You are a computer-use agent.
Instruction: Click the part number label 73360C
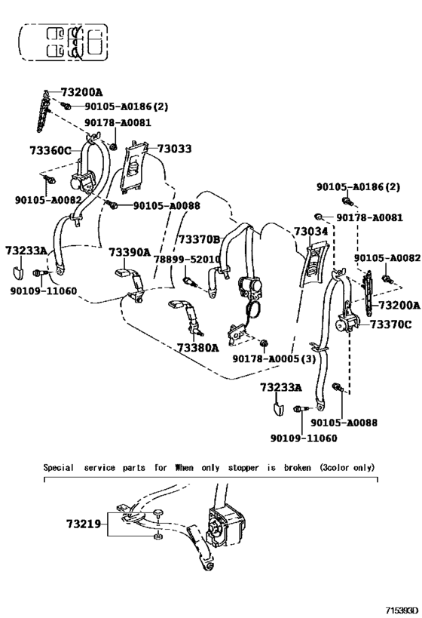point(50,151)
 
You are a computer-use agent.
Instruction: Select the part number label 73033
point(174,149)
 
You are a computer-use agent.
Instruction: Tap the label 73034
point(311,232)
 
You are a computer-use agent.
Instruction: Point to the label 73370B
point(199,239)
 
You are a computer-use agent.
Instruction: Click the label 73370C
point(391,324)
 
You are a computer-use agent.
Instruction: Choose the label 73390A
point(130,252)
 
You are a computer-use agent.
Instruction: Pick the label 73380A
point(197,348)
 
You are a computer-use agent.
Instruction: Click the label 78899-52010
point(187,259)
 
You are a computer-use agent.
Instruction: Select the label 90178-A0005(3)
point(274,358)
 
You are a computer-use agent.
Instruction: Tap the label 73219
point(84,524)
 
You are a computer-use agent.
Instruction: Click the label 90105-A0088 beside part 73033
point(167,206)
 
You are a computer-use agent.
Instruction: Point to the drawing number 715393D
point(401,610)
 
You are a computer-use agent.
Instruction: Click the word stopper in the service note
point(243,468)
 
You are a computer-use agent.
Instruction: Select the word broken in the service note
point(297,468)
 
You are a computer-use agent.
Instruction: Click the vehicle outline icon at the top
point(63,42)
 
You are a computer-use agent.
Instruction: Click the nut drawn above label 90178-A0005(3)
point(265,343)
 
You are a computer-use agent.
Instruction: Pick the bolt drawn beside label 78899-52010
point(190,281)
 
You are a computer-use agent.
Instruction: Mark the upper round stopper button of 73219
point(157,513)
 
